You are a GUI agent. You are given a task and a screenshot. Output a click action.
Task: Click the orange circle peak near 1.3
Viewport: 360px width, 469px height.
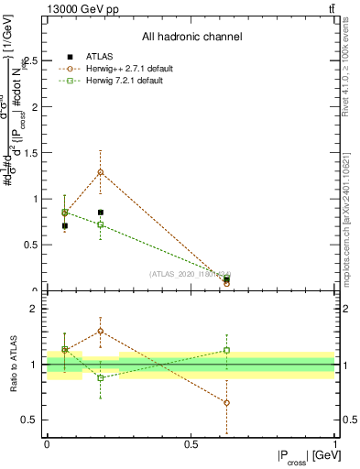pyautogui.click(x=101, y=172)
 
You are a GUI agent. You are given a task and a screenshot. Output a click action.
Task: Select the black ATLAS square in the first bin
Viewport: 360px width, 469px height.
pyautogui.click(x=64, y=225)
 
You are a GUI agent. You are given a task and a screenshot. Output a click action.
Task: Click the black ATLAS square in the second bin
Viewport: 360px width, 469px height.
pyautogui.click(x=101, y=213)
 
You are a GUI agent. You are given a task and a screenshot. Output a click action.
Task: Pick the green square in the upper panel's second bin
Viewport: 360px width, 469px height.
pyautogui.click(x=101, y=224)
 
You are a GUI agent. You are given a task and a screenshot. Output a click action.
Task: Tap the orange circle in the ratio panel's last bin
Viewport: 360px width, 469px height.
pyautogui.click(x=226, y=403)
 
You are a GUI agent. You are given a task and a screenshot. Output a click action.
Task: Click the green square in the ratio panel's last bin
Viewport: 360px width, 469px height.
pyautogui.click(x=226, y=350)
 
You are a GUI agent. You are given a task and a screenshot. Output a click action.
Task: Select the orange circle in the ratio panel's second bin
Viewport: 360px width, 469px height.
pyautogui.click(x=101, y=331)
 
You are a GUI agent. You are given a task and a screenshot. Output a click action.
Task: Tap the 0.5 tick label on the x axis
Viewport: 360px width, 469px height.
pyautogui.click(x=191, y=444)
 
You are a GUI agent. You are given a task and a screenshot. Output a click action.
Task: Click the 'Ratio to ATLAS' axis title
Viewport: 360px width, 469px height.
pyautogui.click(x=14, y=366)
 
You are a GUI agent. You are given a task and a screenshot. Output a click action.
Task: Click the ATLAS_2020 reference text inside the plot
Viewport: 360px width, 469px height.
pyautogui.click(x=190, y=274)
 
